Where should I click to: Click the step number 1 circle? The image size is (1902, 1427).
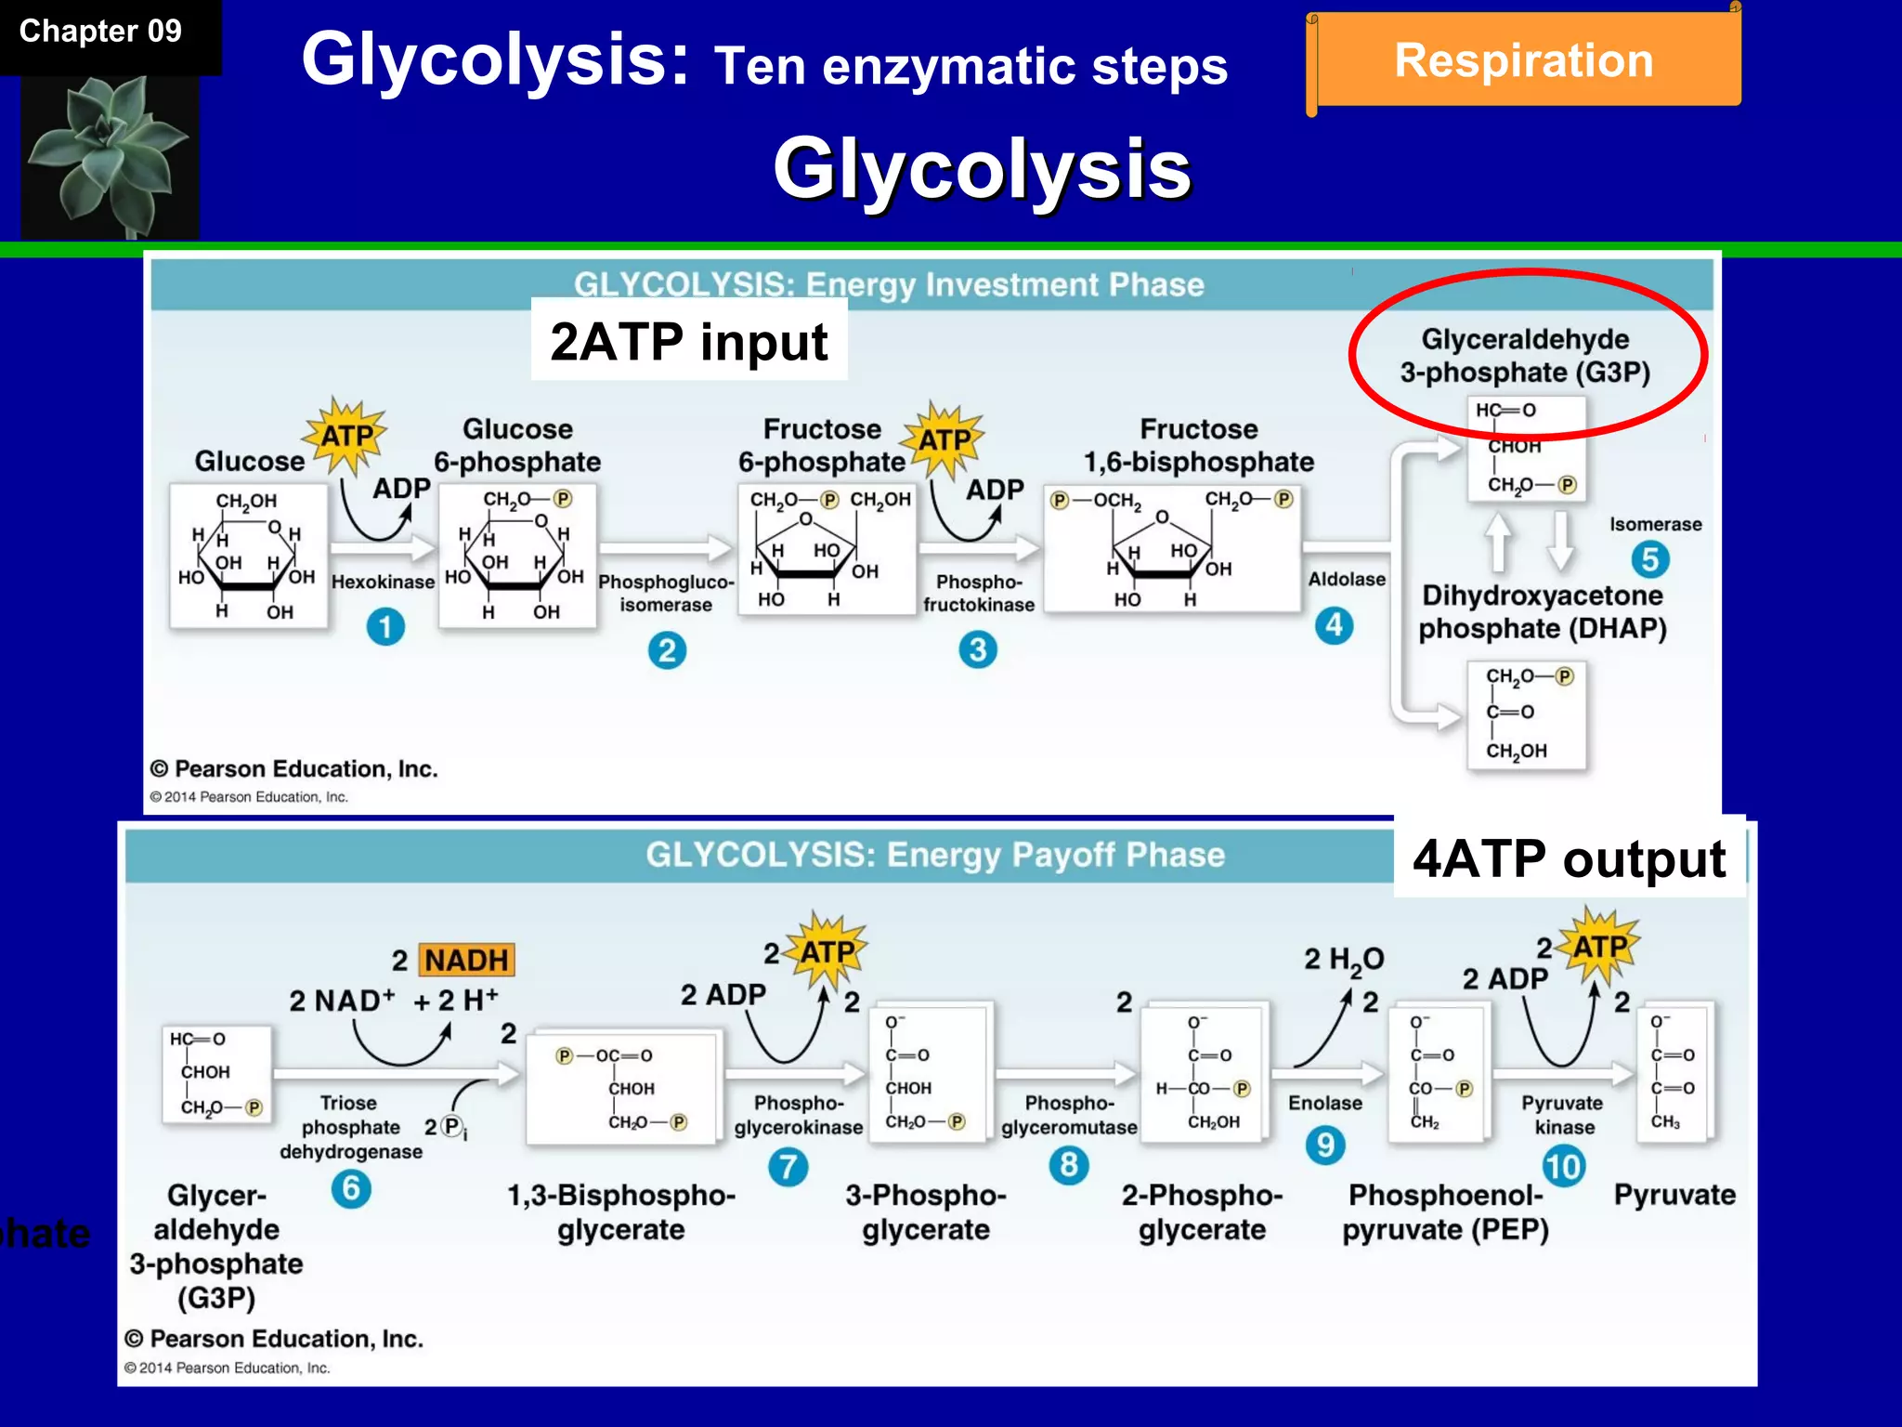pos(385,627)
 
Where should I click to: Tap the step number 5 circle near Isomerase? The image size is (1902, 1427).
pos(1649,559)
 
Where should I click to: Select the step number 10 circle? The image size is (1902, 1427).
pos(1563,1167)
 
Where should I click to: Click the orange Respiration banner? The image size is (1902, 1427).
pos(1524,60)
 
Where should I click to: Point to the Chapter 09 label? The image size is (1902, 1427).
pos(100,32)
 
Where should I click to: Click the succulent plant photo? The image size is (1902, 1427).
pos(110,156)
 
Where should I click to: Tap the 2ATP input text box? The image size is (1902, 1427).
pos(688,341)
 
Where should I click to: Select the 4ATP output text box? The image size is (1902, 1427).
pos(1569,858)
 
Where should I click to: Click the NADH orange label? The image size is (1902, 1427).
pos(466,960)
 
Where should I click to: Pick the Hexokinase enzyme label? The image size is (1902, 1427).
pos(383,583)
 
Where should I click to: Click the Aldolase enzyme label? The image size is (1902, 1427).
pos(1347,580)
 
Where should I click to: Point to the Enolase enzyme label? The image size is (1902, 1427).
pos(1325,1103)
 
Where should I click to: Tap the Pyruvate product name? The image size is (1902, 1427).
pos(1674,1195)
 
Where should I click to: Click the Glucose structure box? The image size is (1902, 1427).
pos(248,556)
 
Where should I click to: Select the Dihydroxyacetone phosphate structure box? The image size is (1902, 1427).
pos(1526,713)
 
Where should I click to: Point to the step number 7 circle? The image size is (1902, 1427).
pos(788,1167)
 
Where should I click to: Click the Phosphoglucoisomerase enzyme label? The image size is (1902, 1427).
pos(666,593)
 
